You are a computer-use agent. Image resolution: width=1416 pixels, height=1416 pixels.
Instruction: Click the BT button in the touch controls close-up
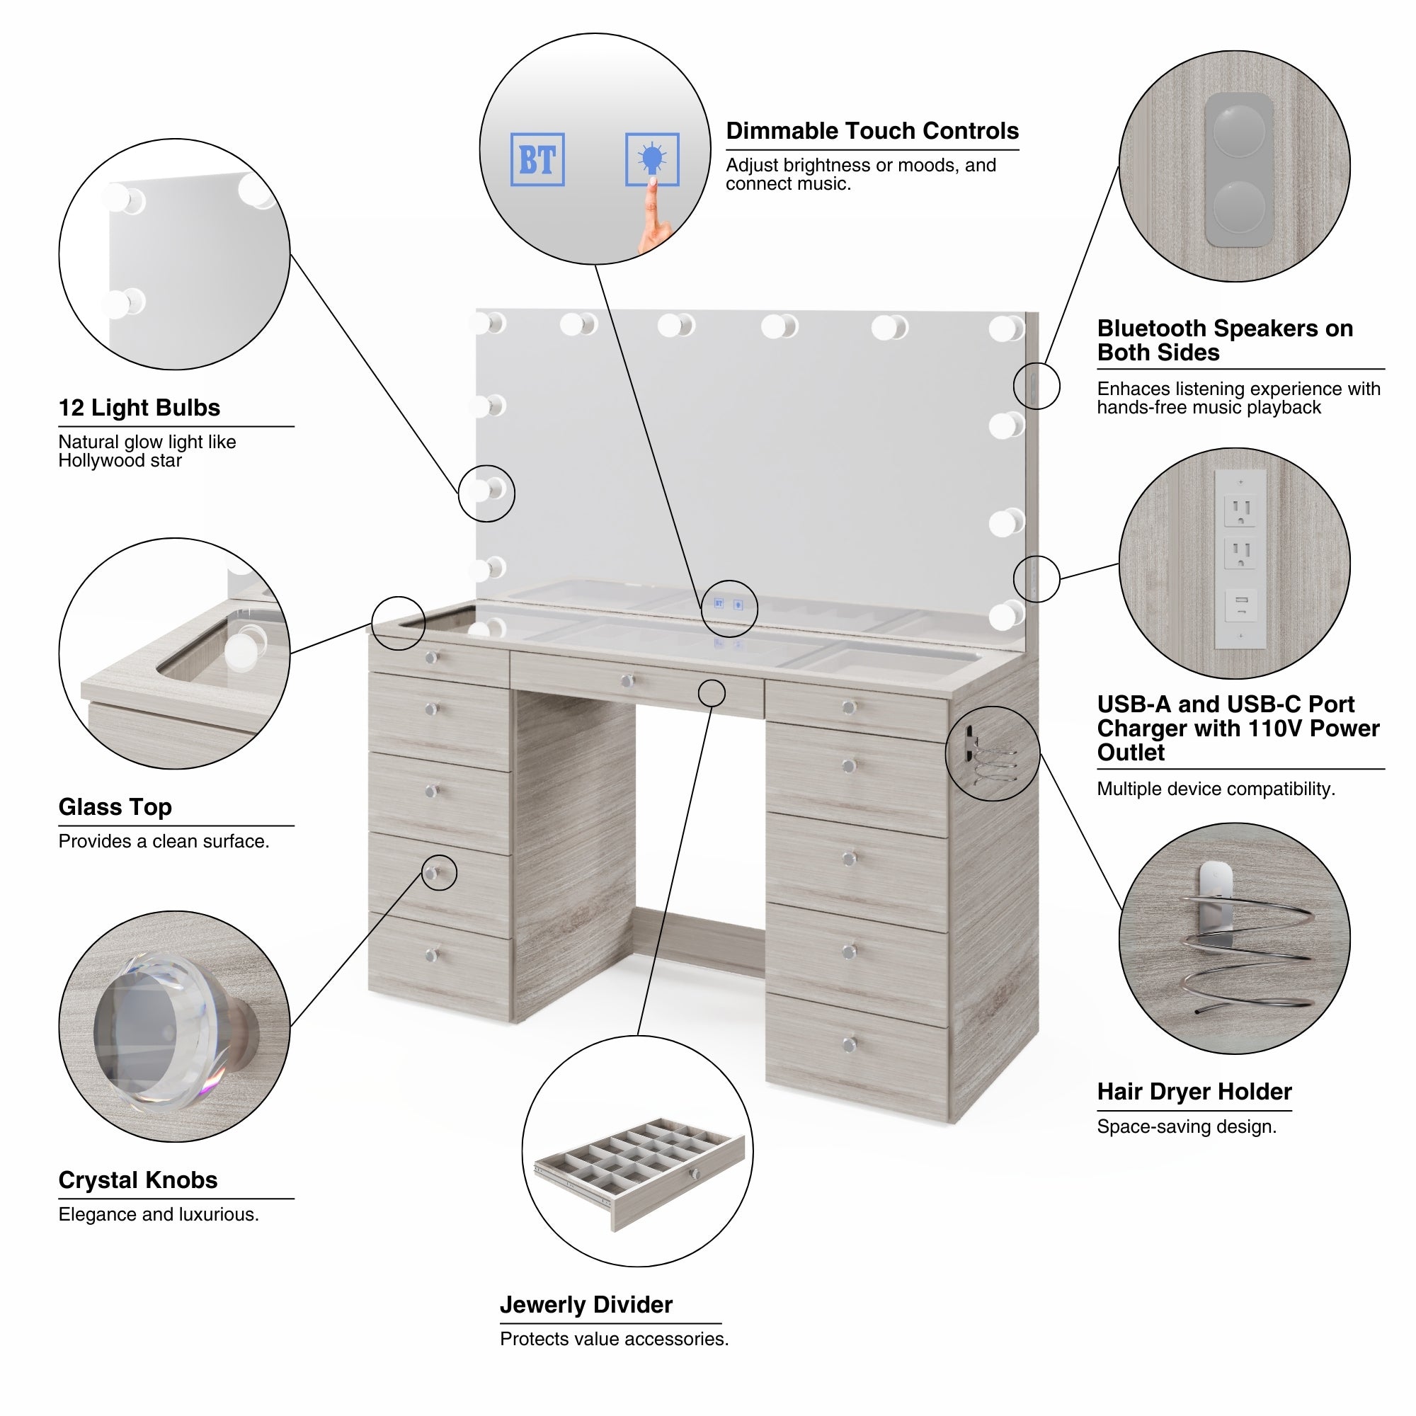point(537,159)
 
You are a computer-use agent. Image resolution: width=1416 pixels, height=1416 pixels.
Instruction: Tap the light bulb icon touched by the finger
point(651,159)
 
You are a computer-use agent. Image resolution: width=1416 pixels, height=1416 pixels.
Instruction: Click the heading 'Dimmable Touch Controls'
point(872,131)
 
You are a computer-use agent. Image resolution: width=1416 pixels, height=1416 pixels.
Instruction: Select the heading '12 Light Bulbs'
point(139,408)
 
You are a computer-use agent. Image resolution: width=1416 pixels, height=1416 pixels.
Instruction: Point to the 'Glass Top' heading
point(115,807)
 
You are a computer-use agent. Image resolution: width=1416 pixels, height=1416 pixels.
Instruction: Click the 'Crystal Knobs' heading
point(138,1180)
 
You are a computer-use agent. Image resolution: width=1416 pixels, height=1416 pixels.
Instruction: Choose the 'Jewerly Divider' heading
point(586,1305)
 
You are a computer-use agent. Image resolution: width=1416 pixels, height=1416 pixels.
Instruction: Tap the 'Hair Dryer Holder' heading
point(1194,1091)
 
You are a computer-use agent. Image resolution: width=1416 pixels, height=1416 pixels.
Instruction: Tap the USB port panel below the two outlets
point(1240,605)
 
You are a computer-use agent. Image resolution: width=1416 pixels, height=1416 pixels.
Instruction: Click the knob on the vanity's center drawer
point(627,682)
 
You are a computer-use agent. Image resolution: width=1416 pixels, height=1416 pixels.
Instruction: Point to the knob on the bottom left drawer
point(432,955)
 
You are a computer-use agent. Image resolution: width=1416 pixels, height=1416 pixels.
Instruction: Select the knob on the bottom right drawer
point(850,1044)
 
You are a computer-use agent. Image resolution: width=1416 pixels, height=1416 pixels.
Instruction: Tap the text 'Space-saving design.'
point(1186,1126)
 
